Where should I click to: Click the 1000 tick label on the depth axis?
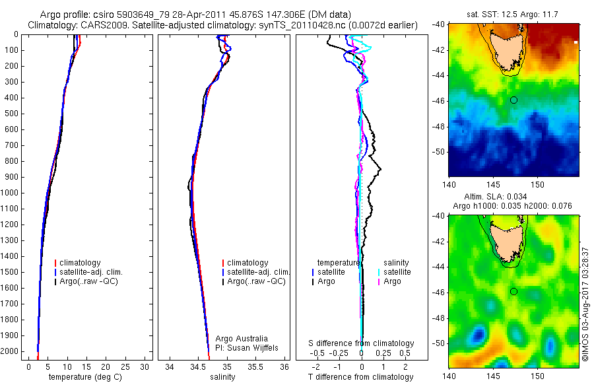[x=11, y=193]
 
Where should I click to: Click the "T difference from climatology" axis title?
[x=360, y=377]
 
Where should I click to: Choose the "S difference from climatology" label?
[x=361, y=343]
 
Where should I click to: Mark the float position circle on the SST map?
[x=513, y=100]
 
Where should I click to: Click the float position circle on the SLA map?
[x=513, y=291]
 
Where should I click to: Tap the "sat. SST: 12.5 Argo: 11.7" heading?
[x=513, y=15]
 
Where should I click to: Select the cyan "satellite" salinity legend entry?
[x=397, y=272]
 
